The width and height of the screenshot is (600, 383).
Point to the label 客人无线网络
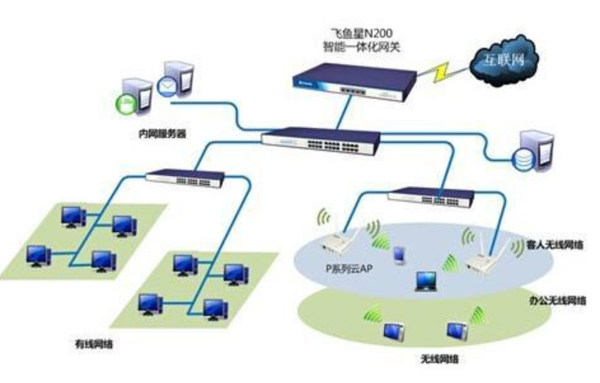pos(556,245)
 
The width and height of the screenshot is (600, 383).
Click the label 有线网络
pos(94,344)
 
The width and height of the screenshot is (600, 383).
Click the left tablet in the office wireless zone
pos(394,330)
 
